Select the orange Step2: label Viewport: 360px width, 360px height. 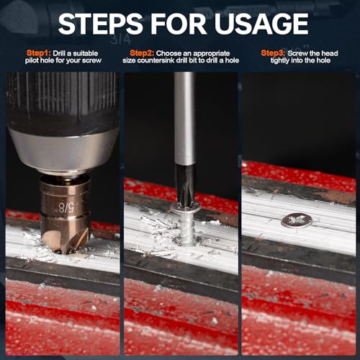click(x=143, y=53)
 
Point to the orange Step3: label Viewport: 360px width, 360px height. click(x=274, y=53)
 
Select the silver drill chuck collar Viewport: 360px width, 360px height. click(x=63, y=152)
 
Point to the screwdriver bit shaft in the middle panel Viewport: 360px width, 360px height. click(x=184, y=122)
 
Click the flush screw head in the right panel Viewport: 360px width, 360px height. click(x=296, y=220)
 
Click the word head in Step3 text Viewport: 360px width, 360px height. click(x=336, y=53)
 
